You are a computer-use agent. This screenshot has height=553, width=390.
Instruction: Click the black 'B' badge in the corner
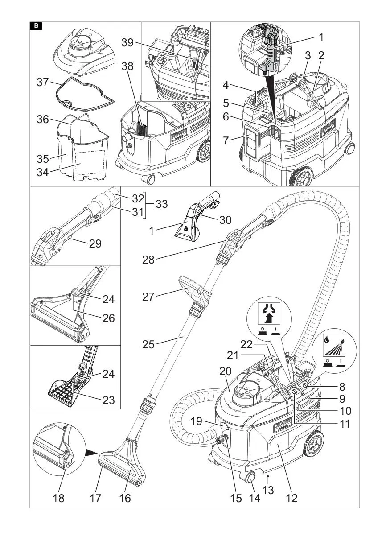coord(36,26)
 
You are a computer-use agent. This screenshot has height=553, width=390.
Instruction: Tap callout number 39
coord(127,42)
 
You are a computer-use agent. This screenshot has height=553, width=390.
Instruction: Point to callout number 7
coord(226,141)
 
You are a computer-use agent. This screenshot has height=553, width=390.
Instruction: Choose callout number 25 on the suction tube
coord(148,344)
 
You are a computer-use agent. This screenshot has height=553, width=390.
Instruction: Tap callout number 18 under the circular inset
coord(58,498)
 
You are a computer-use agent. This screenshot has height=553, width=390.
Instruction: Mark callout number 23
coord(108,400)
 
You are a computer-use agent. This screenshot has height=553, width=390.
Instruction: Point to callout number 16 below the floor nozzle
coord(125,498)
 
